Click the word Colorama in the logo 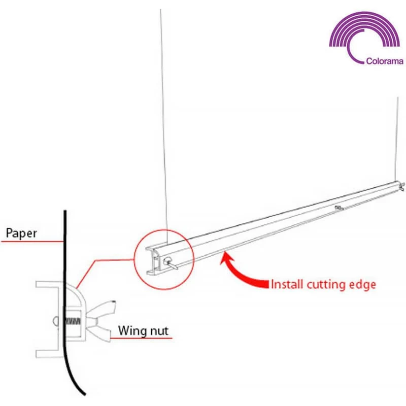[x=385, y=61]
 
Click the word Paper [x=21, y=233]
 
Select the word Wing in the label [x=130, y=331]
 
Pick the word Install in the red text [x=287, y=284]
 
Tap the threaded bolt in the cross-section [x=73, y=322]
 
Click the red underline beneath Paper [x=32, y=242]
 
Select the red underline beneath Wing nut [x=141, y=338]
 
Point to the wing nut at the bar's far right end [x=402, y=186]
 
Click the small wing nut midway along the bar [x=339, y=208]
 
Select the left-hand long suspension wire [x=164, y=127]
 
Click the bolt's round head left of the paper [x=56, y=321]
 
